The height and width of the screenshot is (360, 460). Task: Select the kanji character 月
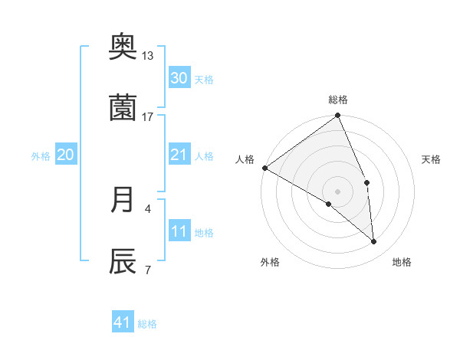pyautogui.click(x=123, y=200)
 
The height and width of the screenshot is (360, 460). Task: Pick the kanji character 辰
pyautogui.click(x=123, y=261)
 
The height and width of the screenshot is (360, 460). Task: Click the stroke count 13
pyautogui.click(x=147, y=56)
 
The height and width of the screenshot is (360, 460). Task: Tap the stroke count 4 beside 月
pyautogui.click(x=147, y=208)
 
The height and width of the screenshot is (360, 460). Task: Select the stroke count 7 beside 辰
pyautogui.click(x=147, y=269)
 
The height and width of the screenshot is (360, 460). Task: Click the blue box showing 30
pyautogui.click(x=179, y=78)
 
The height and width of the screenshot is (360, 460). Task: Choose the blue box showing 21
pyautogui.click(x=179, y=155)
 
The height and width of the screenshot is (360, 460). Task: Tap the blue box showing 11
pyautogui.click(x=179, y=231)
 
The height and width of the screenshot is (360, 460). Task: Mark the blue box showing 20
pyautogui.click(x=66, y=155)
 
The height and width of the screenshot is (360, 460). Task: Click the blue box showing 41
pyautogui.click(x=123, y=322)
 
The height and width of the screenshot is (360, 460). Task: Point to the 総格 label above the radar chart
pyautogui.click(x=338, y=100)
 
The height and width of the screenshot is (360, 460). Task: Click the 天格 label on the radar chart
pyautogui.click(x=432, y=159)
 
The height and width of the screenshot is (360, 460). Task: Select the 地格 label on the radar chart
pyautogui.click(x=402, y=263)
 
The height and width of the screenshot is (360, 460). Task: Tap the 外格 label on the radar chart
pyautogui.click(x=270, y=263)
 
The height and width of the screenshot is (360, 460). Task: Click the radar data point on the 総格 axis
pyautogui.click(x=338, y=116)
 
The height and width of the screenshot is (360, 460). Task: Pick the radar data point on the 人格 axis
pyautogui.click(x=264, y=168)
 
